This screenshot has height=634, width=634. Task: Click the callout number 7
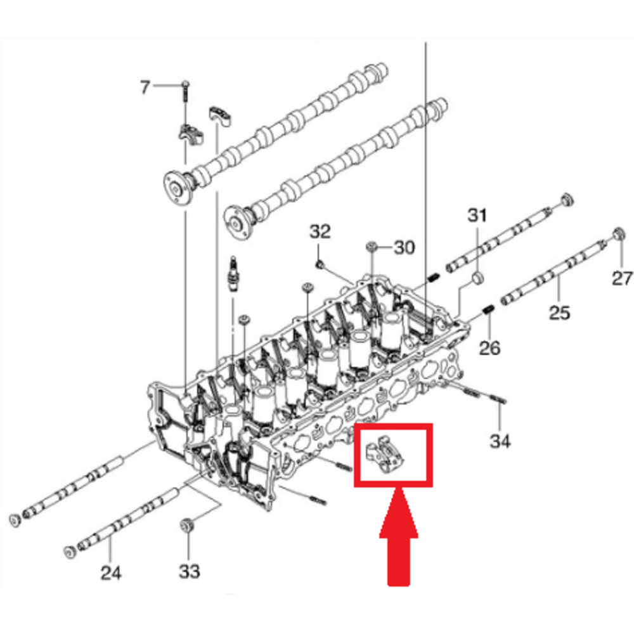point(145,87)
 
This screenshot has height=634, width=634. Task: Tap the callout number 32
point(320,231)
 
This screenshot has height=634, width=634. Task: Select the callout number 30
point(404,247)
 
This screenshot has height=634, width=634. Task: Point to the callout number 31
point(477,215)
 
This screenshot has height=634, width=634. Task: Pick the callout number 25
point(560,313)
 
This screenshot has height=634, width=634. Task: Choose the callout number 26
point(489,347)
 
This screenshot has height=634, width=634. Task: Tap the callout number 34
point(500,441)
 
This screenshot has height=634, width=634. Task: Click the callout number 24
point(111,573)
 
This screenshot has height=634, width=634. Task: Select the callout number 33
point(189,571)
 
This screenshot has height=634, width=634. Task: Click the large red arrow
point(399,537)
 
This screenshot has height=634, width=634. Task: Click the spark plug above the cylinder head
point(233,273)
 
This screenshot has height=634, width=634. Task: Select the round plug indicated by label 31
point(478,278)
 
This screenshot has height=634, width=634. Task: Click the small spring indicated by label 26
point(488,310)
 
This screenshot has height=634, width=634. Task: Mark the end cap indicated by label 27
point(618,234)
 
